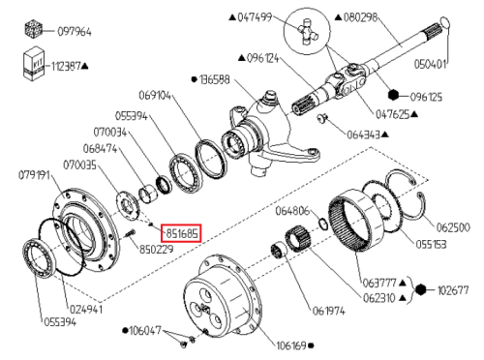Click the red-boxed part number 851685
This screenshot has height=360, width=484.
tap(181, 233)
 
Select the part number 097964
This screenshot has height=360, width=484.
tap(75, 32)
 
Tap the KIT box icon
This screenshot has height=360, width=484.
tap(34, 64)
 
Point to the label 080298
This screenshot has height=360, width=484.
tap(360, 17)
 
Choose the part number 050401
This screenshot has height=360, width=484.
tap(430, 64)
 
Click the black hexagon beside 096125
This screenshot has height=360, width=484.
tap(393, 95)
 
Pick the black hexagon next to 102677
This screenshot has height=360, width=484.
tap(420, 289)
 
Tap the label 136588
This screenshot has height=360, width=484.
tap(215, 79)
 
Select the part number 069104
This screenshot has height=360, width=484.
tap(155, 96)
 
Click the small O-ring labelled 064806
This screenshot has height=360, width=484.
tap(323, 224)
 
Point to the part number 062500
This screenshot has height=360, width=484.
tap(453, 227)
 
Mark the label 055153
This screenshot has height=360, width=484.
tap(431, 245)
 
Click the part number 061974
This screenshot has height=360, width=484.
tap(328, 312)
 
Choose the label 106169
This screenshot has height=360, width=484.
tap(291, 345)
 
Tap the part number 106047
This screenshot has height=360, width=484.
tap(145, 331)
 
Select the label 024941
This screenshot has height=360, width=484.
tap(86, 310)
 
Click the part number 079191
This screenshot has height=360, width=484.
tap(34, 175)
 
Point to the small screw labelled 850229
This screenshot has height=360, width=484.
tap(129, 233)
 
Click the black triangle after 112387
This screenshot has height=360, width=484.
tap(85, 67)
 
